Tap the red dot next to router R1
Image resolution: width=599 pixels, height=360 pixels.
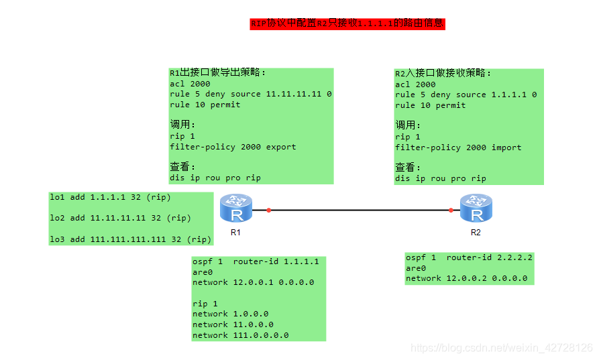(x=268, y=211)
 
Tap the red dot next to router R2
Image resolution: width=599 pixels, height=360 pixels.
(x=451, y=211)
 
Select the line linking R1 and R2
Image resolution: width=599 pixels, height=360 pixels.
(x=360, y=211)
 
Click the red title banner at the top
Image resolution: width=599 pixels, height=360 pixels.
(x=347, y=23)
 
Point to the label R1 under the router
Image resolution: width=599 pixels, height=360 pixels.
(x=235, y=233)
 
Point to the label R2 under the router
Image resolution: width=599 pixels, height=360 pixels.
(x=476, y=233)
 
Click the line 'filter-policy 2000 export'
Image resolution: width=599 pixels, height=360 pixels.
(x=233, y=147)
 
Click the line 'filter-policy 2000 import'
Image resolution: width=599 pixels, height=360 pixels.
(x=458, y=147)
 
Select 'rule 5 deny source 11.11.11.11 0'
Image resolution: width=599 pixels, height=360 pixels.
(x=251, y=95)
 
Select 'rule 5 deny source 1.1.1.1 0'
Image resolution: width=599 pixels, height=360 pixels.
(x=466, y=95)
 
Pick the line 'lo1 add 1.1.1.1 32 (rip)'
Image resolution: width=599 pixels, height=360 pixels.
(x=110, y=197)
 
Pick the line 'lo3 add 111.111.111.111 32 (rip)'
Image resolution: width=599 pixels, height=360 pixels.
(x=131, y=239)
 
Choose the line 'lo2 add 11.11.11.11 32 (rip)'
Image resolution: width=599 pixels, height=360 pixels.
(x=120, y=218)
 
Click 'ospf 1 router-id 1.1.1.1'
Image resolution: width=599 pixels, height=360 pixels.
(x=256, y=261)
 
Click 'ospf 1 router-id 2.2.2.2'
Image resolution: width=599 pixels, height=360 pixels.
(x=470, y=257)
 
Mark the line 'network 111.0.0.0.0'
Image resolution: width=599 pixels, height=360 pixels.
(x=241, y=335)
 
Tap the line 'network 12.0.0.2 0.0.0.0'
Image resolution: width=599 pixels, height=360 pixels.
(x=466, y=278)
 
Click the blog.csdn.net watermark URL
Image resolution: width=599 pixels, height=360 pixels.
(x=502, y=348)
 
